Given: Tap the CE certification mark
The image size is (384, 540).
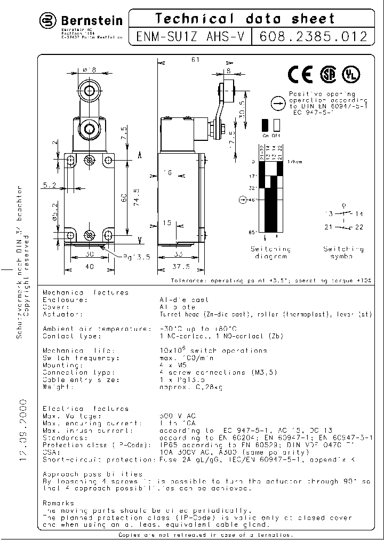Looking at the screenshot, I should pos(300,75).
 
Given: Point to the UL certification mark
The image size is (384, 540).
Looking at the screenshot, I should pos(351,75).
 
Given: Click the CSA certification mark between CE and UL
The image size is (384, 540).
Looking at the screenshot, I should pos(327,75).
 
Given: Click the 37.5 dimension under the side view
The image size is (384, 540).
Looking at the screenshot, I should pos(182,266).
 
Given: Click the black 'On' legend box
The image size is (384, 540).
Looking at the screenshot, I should pos(265,125).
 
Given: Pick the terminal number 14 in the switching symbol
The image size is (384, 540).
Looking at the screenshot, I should pos(359,214).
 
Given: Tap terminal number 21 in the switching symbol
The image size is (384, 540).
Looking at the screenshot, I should pos(329,227).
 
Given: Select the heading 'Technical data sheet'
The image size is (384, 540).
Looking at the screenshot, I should pos(245,19).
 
